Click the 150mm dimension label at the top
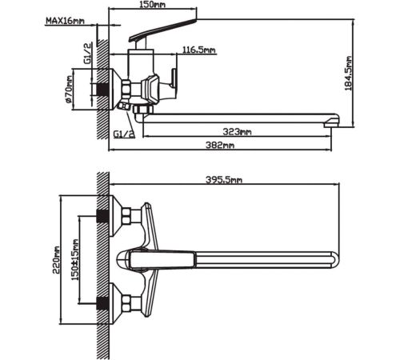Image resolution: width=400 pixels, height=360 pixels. pos(152,5)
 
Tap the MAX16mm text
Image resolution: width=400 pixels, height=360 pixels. pos(65,21)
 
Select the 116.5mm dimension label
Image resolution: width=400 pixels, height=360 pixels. pos(199,50)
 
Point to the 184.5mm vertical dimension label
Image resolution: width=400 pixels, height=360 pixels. pos(348,74)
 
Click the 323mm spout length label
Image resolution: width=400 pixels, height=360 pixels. pos(237,132)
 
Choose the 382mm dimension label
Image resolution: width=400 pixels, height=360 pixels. pos(220,145)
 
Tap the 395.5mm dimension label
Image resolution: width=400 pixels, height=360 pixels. pos(224,180)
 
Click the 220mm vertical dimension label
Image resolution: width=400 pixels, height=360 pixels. pos(56,260)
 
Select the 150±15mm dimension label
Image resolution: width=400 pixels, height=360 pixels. pos(75,260)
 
